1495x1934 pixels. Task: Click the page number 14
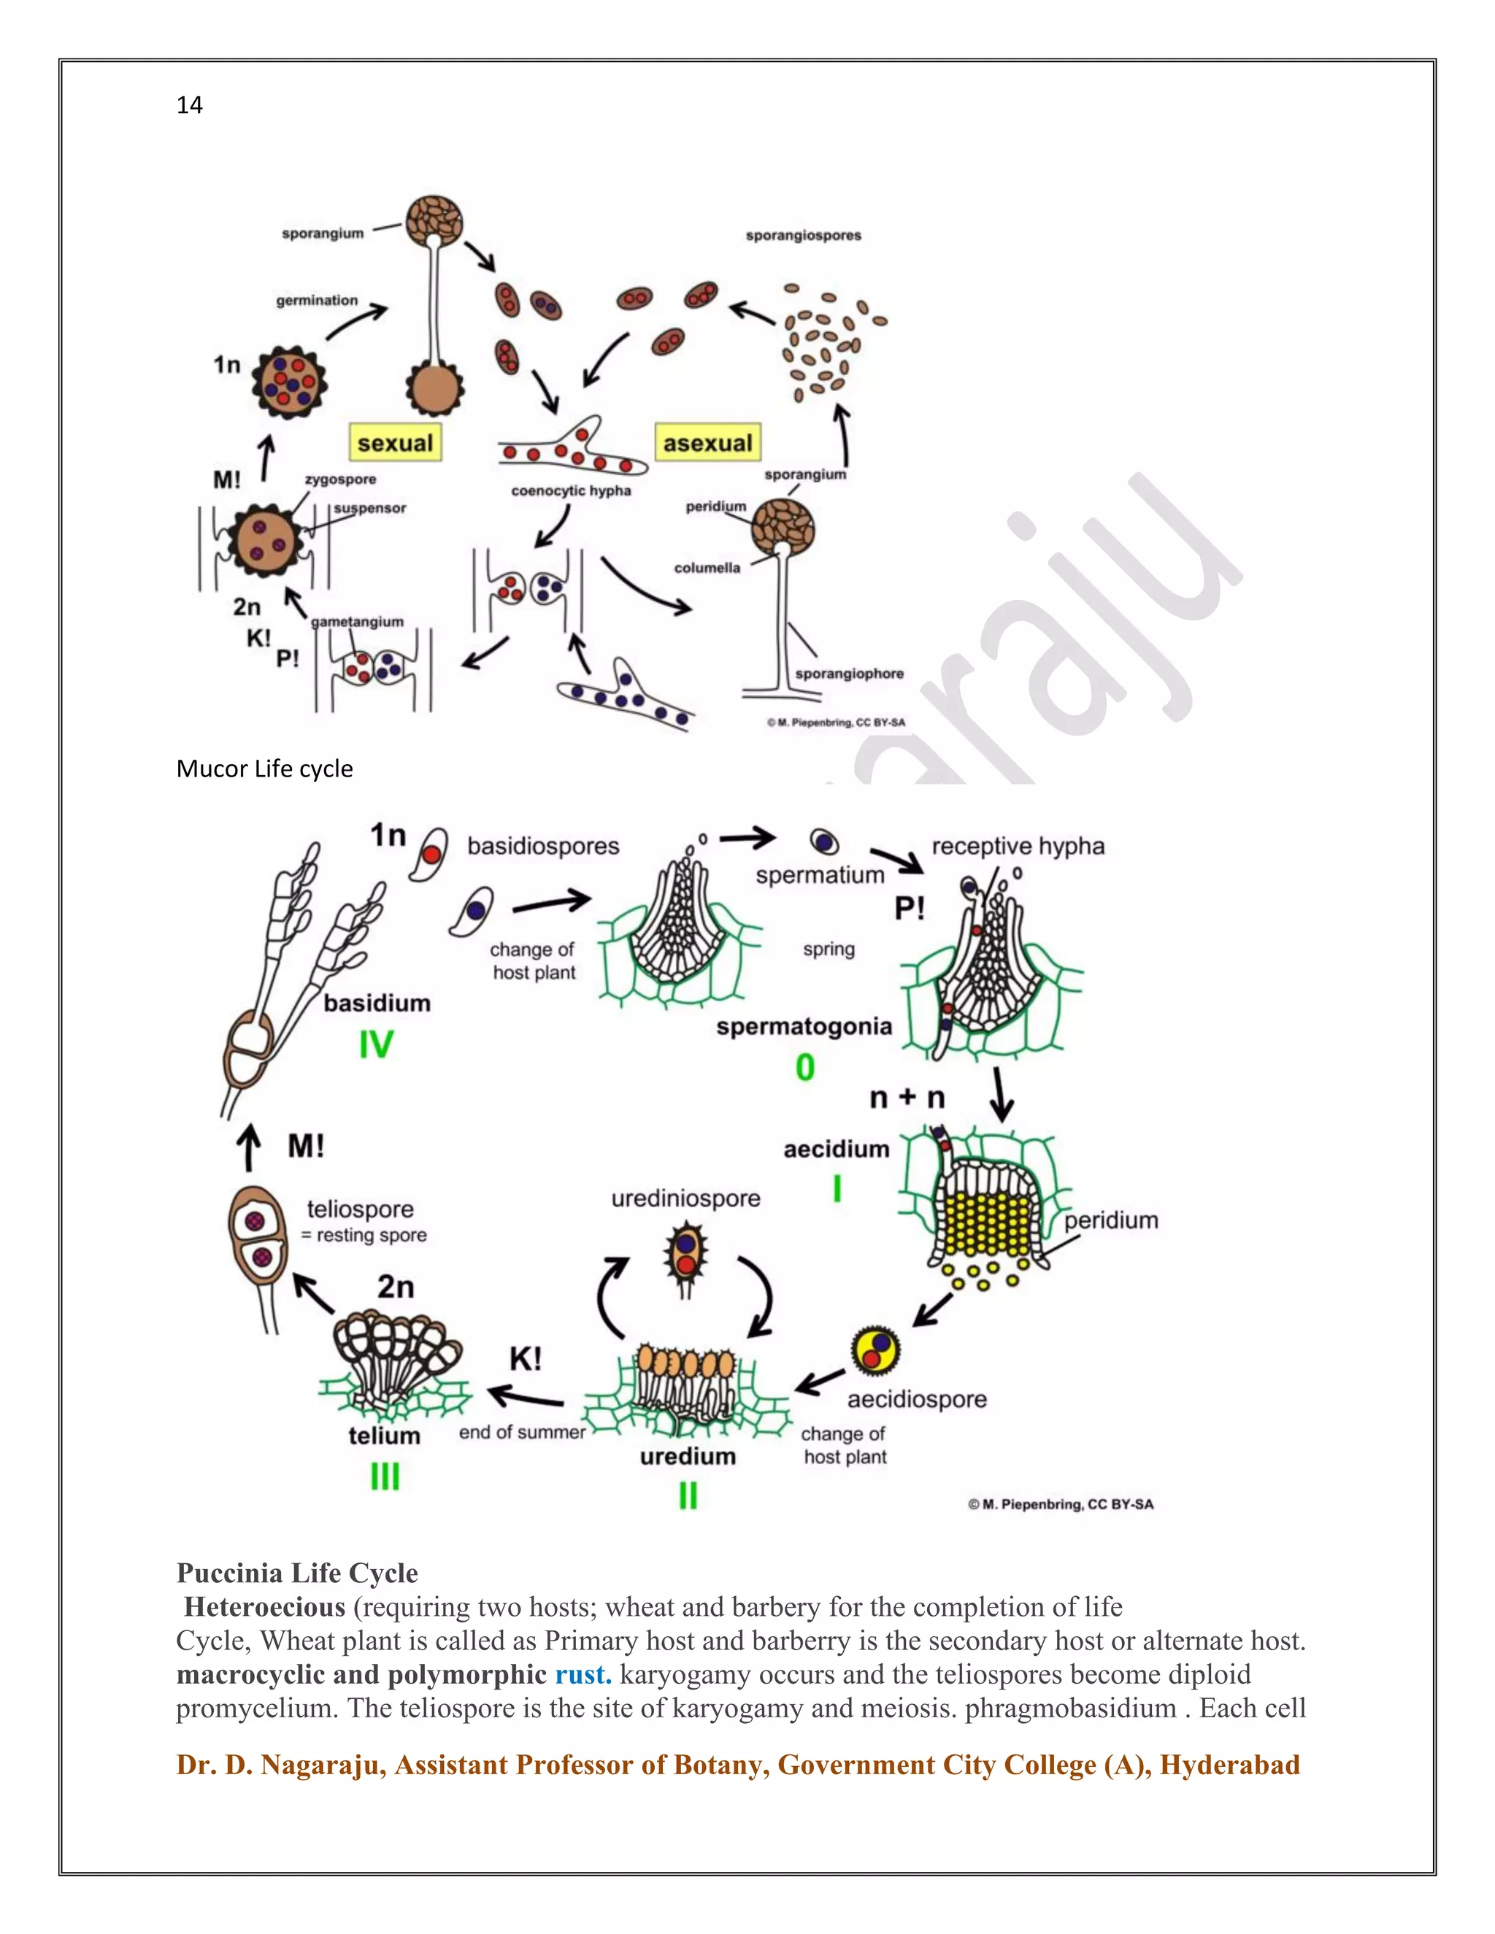[x=190, y=105]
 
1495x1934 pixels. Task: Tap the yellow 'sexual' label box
[x=395, y=442]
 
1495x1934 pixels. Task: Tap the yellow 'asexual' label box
[x=707, y=442]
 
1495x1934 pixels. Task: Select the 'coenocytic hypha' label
[x=572, y=490]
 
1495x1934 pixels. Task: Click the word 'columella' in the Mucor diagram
[x=707, y=568]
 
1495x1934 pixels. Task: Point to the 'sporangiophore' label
[x=848, y=673]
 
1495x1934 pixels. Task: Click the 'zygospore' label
[x=340, y=479]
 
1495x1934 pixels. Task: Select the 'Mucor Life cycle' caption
[x=264, y=768]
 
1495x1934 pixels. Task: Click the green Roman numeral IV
[x=375, y=1045]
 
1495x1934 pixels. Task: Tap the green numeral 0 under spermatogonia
[x=804, y=1067]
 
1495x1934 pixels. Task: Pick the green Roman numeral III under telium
[x=385, y=1476]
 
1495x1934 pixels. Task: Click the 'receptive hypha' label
[x=1018, y=846]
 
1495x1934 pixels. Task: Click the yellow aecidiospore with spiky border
[x=875, y=1350]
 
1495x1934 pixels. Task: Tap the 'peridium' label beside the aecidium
[x=1110, y=1220]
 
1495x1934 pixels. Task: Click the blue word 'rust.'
[x=583, y=1674]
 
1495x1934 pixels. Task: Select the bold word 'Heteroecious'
[x=264, y=1606]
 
